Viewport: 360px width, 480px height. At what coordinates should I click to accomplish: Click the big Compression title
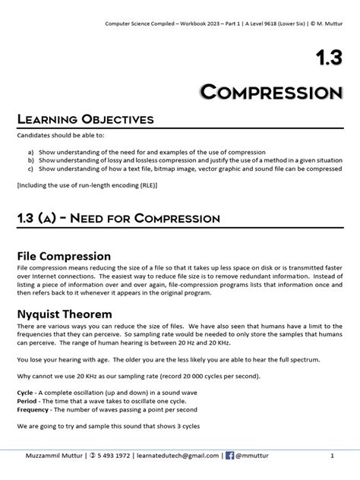click(270, 93)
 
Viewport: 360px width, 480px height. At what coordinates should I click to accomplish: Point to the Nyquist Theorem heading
click(64, 314)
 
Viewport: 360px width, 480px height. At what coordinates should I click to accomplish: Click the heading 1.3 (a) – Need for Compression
click(118, 219)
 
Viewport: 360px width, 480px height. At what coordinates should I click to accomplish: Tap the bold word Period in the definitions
click(27, 402)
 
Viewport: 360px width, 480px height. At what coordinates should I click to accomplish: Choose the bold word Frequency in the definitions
click(33, 410)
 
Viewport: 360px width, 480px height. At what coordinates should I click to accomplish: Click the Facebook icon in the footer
click(230, 456)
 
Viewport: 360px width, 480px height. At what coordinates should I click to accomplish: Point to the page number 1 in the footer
click(332, 456)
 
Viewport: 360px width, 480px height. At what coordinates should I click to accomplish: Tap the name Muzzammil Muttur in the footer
click(53, 456)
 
